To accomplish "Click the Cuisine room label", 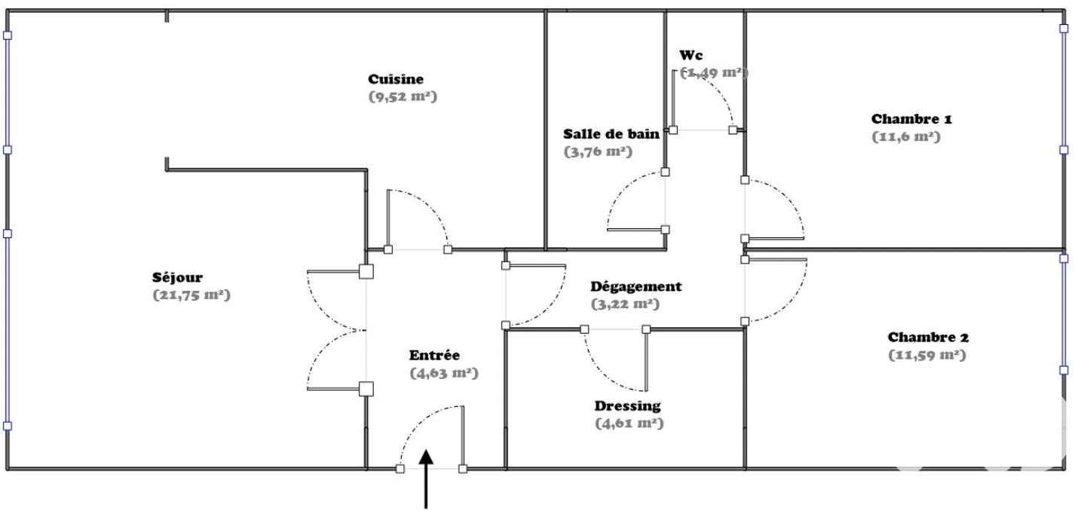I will (396, 79).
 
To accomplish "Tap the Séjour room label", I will (176, 277).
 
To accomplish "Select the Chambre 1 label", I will (911, 119).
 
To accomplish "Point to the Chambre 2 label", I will (928, 337).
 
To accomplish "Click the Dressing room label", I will (629, 405).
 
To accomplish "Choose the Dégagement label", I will (636, 286).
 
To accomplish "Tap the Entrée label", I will (434, 355).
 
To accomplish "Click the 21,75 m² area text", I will (191, 295).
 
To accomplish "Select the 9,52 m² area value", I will (403, 96).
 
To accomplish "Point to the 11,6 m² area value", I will (906, 137).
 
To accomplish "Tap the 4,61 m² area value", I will (629, 424).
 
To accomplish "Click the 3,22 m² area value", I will (625, 304).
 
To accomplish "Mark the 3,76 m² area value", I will (597, 151).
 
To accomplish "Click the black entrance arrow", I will (427, 478).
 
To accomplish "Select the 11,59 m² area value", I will (927, 355).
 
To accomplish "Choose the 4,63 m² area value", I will (444, 373).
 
